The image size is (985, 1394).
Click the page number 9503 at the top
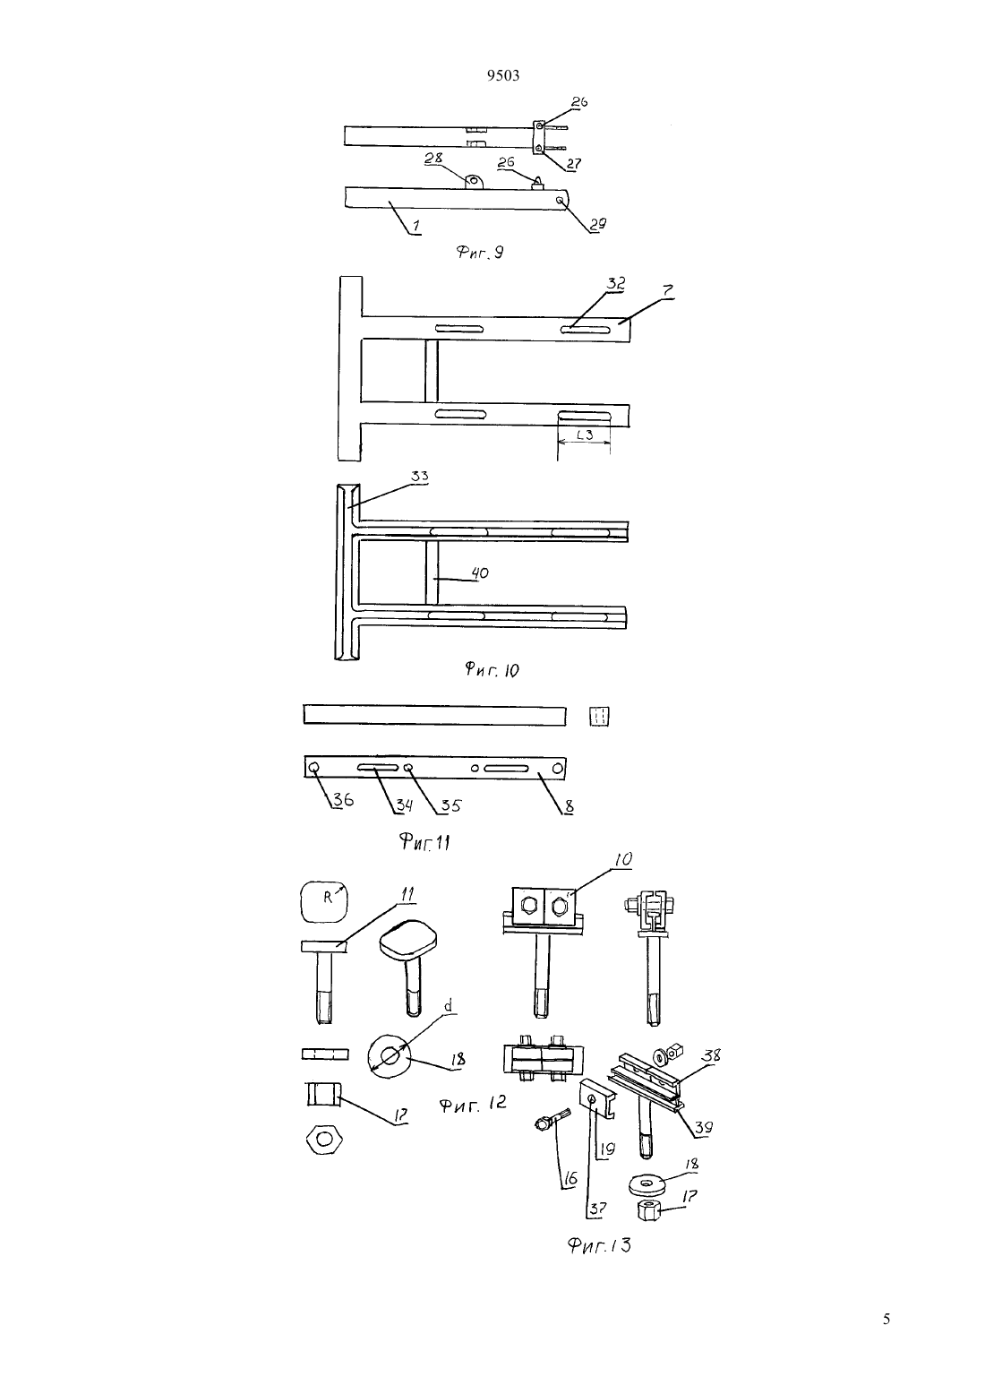503,76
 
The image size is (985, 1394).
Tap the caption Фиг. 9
479,252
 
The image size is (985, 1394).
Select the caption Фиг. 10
492,669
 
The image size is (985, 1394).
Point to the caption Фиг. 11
424,843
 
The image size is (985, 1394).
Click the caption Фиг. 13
599,1245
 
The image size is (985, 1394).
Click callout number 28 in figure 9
433,158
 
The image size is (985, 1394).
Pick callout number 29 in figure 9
597,224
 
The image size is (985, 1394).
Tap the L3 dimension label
585,435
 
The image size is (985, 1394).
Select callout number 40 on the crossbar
480,572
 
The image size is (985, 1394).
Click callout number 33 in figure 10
420,478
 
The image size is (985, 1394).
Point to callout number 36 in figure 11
343,800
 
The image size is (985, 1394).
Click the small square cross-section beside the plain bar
599,717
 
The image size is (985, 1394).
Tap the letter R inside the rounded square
327,899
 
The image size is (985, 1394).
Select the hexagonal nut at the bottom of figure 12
324,1139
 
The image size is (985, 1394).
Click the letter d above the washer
448,1006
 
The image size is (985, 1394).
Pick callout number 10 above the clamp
623,859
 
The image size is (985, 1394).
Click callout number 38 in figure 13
711,1054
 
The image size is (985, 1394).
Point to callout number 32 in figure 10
616,284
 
